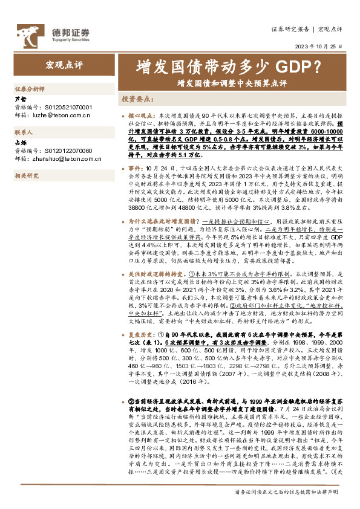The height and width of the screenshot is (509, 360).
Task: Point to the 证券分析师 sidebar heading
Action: [28, 88]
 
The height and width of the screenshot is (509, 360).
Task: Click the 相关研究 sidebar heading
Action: [26, 175]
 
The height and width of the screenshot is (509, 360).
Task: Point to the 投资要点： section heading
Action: [138, 99]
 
